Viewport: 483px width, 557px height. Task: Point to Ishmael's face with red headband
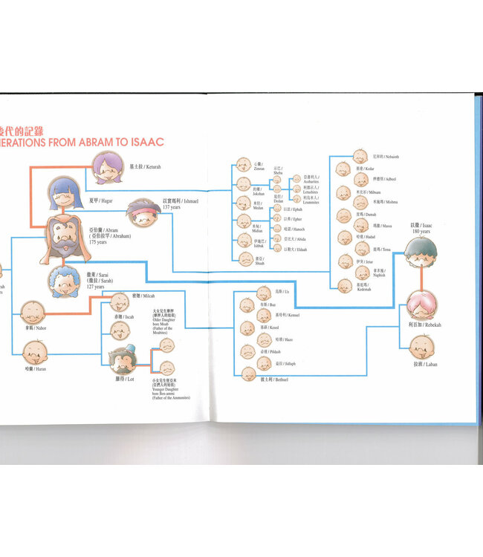[x=143, y=212]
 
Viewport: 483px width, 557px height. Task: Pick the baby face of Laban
[x=421, y=345]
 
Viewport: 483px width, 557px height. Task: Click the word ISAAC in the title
[x=142, y=140]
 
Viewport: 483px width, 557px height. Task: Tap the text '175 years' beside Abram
[x=100, y=242]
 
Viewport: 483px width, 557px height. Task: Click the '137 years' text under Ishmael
[x=171, y=207]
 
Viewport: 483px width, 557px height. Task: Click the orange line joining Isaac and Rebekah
[x=422, y=279]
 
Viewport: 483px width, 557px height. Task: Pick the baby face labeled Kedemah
[x=343, y=285]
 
